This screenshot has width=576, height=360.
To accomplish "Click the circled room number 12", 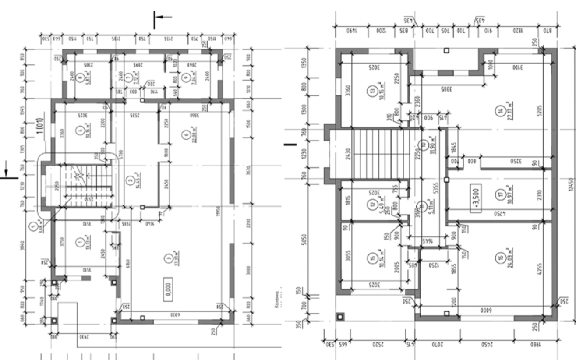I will (373, 204).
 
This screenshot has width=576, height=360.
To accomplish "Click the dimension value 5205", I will (540, 105).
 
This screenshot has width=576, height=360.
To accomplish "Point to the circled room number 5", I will (33, 226).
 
